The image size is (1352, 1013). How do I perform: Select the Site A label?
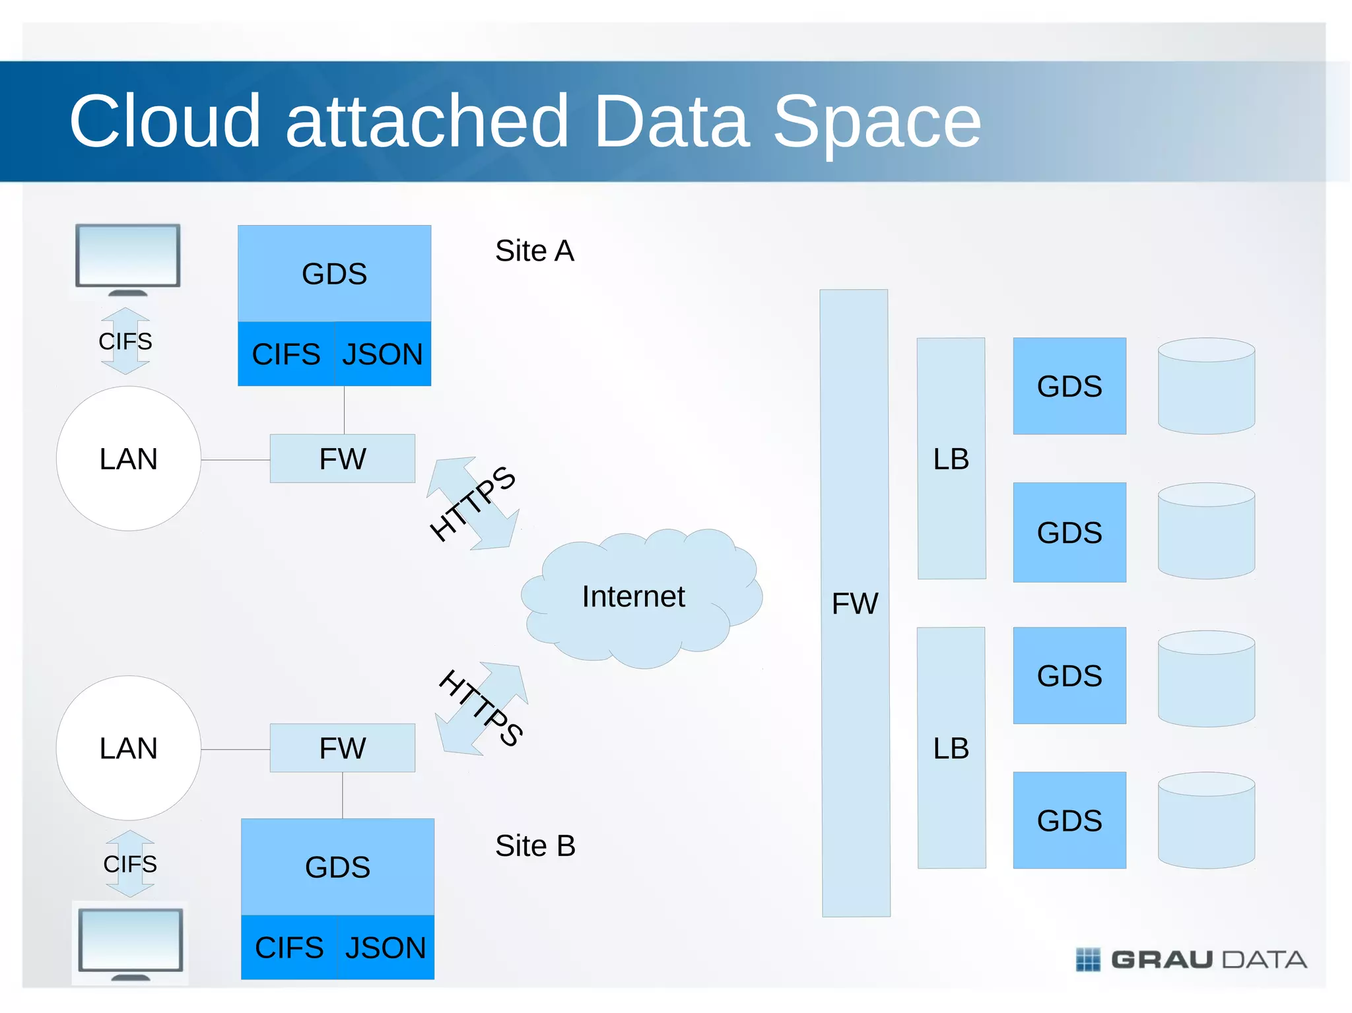pyautogui.click(x=534, y=251)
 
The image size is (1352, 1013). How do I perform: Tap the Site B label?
pyautogui.click(x=535, y=846)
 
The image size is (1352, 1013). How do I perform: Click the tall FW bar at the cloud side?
pyautogui.click(x=855, y=603)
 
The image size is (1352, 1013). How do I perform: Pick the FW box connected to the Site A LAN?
pyautogui.click(x=342, y=459)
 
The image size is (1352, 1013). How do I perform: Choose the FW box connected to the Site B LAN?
pyautogui.click(x=342, y=748)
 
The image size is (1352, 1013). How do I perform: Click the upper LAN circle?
pyautogui.click(x=129, y=459)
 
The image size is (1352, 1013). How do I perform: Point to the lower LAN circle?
pyautogui.click(x=129, y=748)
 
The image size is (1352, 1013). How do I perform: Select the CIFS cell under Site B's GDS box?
pyautogui.click(x=289, y=948)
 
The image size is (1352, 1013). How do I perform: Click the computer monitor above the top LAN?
pyautogui.click(x=127, y=257)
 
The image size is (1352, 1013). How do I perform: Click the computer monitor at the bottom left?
pyautogui.click(x=130, y=942)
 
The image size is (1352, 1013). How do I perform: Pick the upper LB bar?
pyautogui.click(x=951, y=459)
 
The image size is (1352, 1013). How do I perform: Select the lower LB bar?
pyautogui.click(x=951, y=748)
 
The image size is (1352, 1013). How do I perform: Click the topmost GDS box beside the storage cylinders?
pyautogui.click(x=1069, y=386)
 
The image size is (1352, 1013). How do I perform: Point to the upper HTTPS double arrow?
pyautogui.click(x=473, y=504)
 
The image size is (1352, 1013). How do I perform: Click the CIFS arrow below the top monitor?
pyautogui.click(x=125, y=341)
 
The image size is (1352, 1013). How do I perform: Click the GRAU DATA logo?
pyautogui.click(x=1191, y=959)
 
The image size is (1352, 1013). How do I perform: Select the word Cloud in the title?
pyautogui.click(x=165, y=121)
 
